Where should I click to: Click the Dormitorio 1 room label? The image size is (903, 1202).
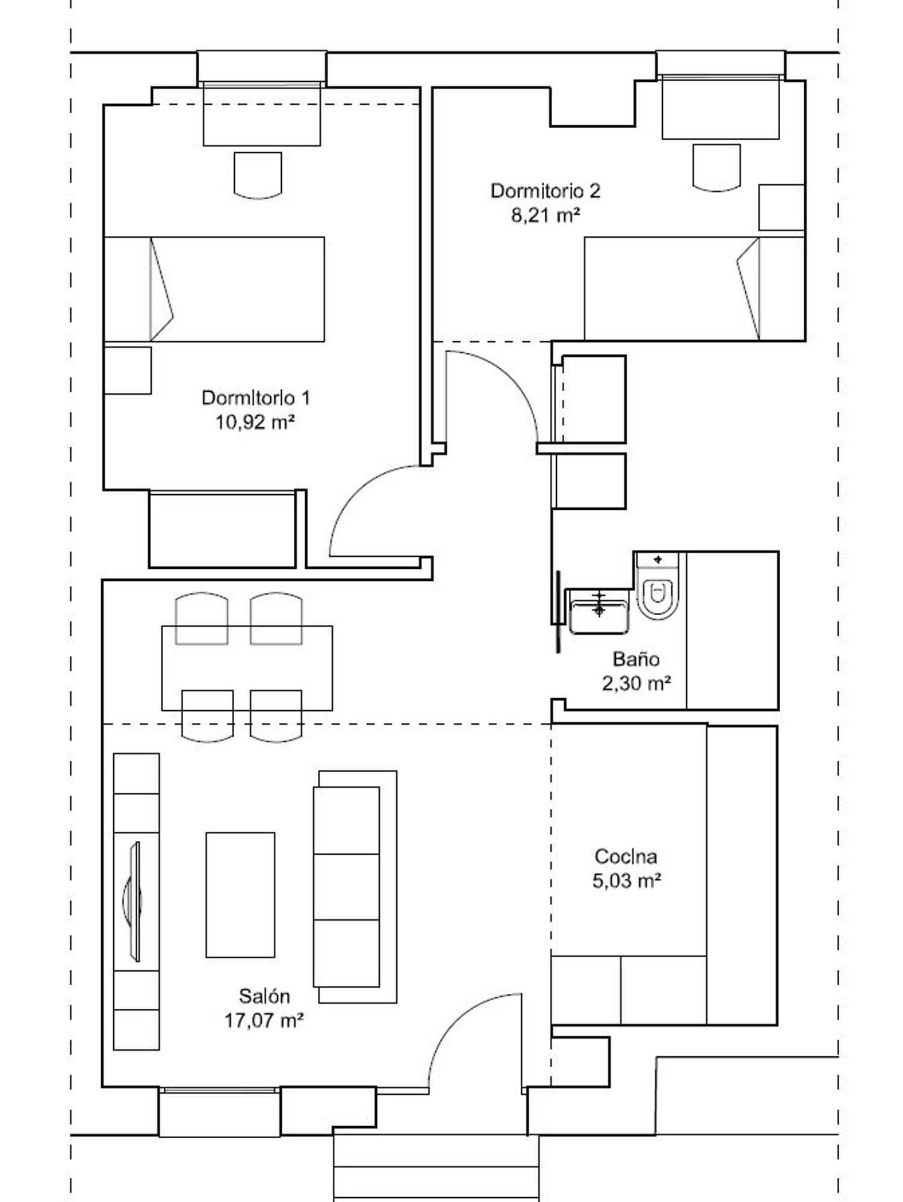(256, 398)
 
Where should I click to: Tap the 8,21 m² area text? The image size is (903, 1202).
(545, 215)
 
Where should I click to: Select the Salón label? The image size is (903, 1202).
(264, 996)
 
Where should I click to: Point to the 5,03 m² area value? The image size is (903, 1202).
(627, 881)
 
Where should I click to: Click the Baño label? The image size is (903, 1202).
(636, 659)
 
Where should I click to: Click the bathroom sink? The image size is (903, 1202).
(598, 611)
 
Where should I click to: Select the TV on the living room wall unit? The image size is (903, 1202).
(133, 901)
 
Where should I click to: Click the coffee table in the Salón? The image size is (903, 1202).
(240, 895)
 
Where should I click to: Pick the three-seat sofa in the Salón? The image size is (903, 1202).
(355, 887)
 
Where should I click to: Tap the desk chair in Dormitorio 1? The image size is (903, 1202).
(258, 175)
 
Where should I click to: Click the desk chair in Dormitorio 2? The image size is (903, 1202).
(716, 167)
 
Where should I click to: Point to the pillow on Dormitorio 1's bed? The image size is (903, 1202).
(161, 289)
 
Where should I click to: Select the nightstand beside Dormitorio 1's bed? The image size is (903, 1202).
(127, 370)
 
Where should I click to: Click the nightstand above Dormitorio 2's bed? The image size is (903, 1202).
(781, 207)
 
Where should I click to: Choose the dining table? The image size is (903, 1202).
(247, 668)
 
